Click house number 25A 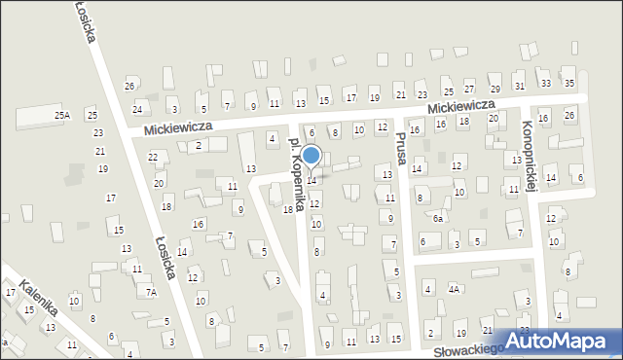62,116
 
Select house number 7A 151,292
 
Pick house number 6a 438,219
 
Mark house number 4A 454,289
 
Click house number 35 569,84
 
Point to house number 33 545,84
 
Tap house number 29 495,89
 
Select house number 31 519,87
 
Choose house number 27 469,89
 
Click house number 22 153,157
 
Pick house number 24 137,108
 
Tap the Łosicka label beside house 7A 163,258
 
